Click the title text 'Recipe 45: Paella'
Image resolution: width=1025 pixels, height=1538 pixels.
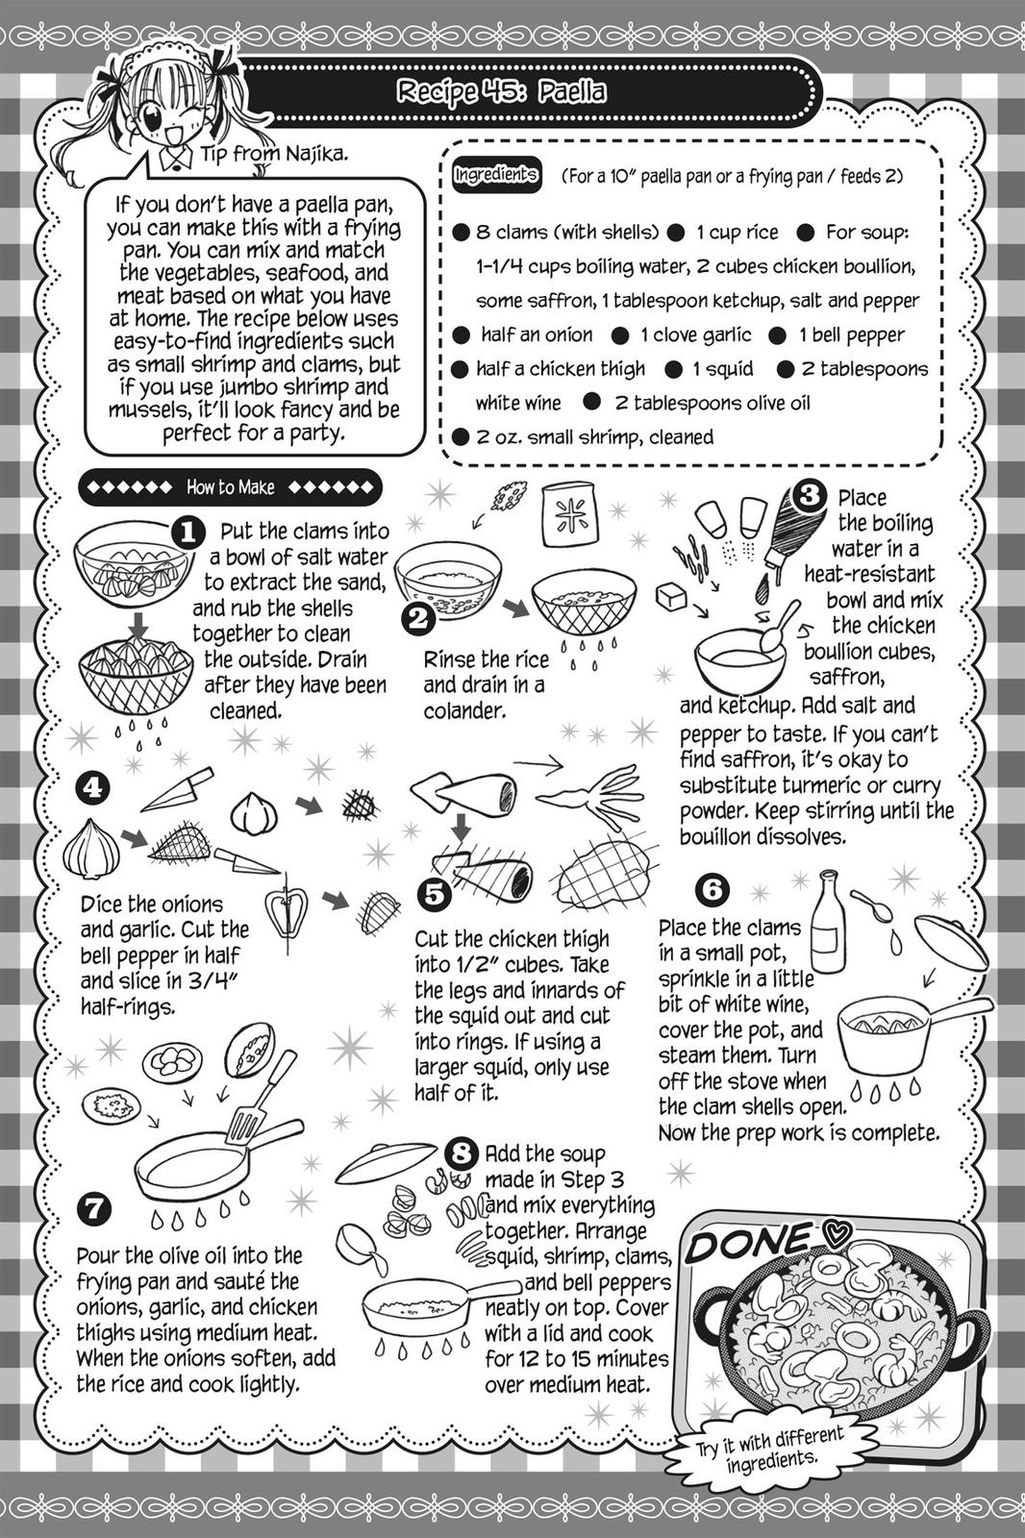[x=501, y=92]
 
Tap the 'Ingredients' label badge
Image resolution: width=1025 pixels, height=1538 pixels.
[x=495, y=176]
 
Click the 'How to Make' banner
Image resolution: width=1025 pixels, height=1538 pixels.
[x=230, y=487]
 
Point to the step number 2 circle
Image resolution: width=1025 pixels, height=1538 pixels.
[x=417, y=618]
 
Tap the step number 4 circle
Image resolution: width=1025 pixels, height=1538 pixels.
[x=91, y=788]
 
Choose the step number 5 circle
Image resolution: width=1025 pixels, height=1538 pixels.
[x=434, y=894]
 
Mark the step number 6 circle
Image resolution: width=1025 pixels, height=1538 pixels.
[x=712, y=889]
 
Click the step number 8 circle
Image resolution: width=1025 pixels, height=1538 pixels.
[x=462, y=1151]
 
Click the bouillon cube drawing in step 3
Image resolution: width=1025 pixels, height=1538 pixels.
[x=670, y=597]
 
